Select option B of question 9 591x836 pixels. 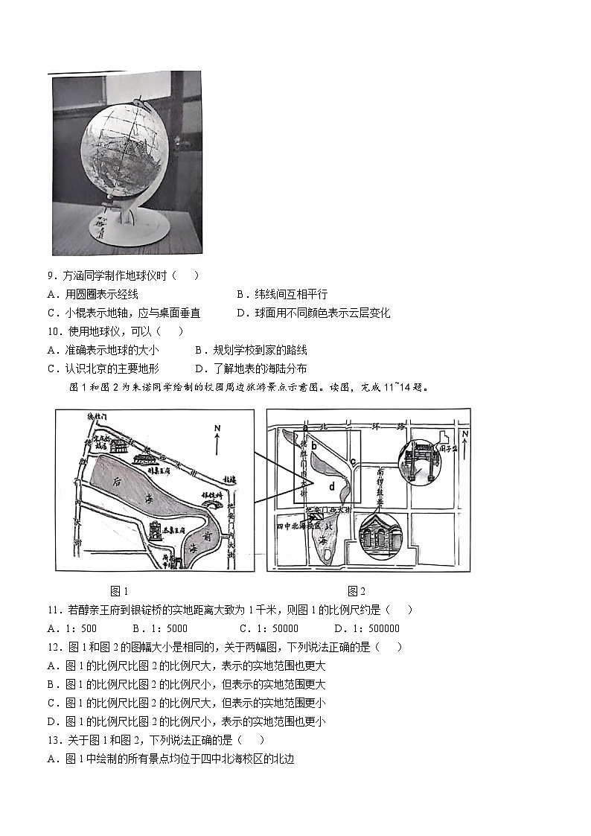click(281, 294)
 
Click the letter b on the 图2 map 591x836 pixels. click(315, 446)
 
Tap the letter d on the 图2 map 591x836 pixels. click(332, 487)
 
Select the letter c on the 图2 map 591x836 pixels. click(352, 461)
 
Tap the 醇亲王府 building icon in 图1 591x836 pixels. click(119, 447)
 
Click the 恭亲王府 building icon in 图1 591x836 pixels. click(158, 530)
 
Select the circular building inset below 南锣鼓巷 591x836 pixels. click(380, 537)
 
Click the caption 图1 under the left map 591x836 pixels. click(119, 591)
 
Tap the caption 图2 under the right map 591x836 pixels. click(357, 591)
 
